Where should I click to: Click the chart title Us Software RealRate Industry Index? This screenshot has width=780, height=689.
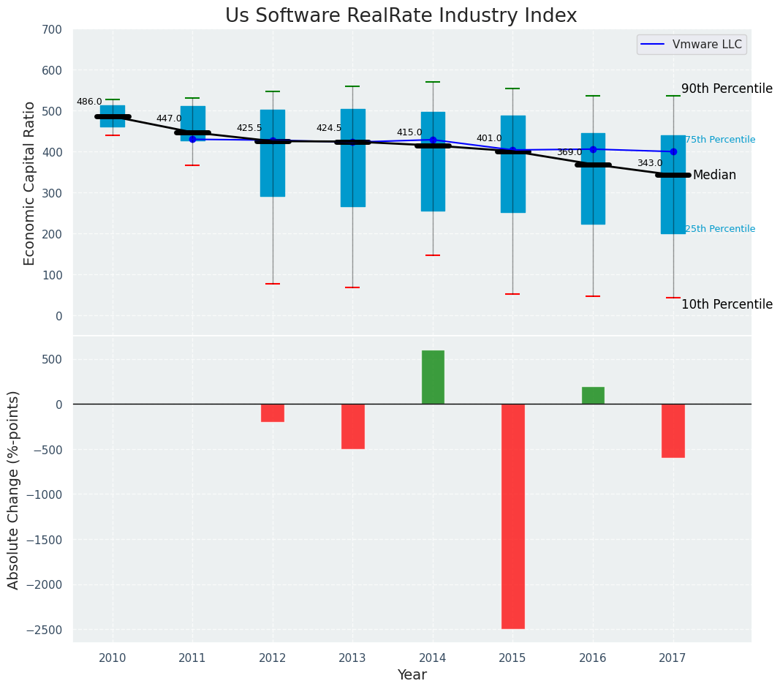pos(401,16)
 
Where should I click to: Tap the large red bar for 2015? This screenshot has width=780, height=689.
pos(512,516)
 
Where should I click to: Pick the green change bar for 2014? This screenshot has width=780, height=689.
pos(433,377)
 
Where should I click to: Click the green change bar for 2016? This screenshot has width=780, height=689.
pos(593,396)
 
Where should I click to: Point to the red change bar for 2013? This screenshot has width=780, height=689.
pos(352,426)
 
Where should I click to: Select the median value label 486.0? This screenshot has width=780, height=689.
pos(89,102)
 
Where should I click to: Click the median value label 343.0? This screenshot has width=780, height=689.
pos(649,164)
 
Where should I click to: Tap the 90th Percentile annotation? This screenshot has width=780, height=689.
pos(727,89)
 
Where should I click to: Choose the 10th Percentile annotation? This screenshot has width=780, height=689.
pos(727,304)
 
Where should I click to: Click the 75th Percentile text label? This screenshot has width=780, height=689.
pos(720,140)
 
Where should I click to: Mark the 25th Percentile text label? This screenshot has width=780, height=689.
pos(720,229)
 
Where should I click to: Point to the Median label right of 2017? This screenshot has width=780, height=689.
pos(714,176)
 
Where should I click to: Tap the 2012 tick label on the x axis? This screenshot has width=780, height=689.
pos(273,658)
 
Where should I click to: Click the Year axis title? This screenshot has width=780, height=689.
pos(412,675)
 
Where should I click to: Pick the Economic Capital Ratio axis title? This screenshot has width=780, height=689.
pos(30,183)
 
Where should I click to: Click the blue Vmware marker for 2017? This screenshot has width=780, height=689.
pos(673,152)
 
